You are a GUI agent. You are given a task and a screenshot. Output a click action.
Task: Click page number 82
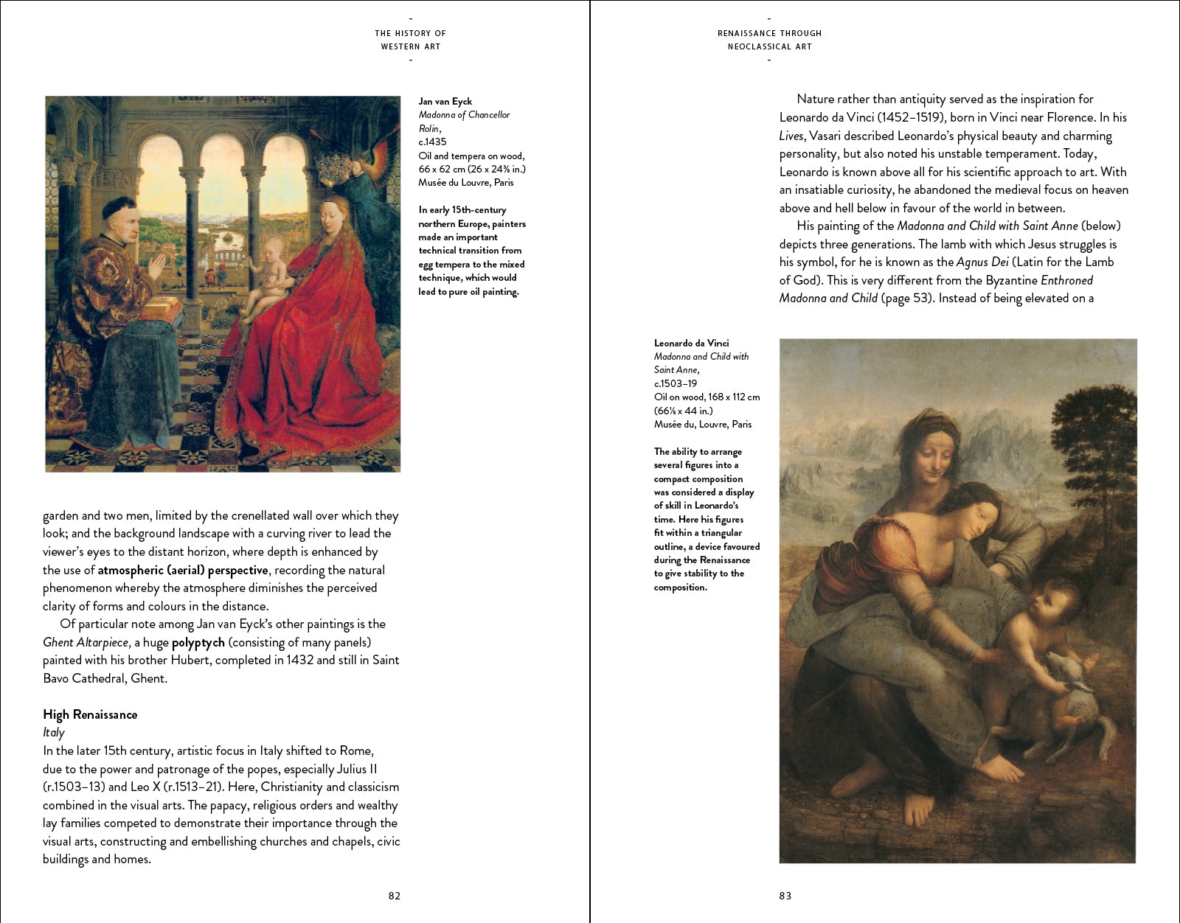click(395, 896)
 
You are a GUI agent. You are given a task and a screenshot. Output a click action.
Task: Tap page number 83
click(785, 896)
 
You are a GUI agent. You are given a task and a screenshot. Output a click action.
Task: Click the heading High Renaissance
click(90, 714)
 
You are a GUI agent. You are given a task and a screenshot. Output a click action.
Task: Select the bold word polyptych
click(198, 642)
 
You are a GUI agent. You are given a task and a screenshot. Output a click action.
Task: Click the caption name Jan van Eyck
click(445, 102)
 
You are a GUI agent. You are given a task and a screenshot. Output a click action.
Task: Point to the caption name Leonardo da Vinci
click(691, 343)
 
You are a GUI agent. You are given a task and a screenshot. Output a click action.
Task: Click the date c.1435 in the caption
click(432, 142)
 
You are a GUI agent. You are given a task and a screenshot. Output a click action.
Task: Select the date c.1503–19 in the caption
click(675, 383)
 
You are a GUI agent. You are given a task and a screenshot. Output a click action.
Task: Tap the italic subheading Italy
click(54, 732)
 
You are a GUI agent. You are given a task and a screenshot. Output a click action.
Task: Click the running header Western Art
click(410, 46)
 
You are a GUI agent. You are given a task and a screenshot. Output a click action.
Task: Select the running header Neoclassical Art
click(769, 46)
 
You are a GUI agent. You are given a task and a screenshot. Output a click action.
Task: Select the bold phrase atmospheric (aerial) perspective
click(183, 570)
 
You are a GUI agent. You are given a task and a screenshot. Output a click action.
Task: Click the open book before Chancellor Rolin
click(164, 307)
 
